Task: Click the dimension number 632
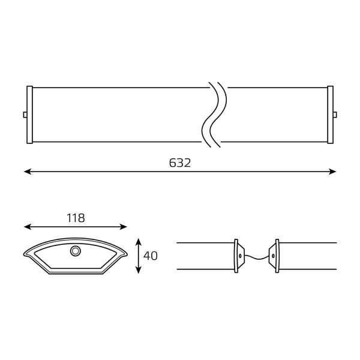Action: pyautogui.click(x=180, y=163)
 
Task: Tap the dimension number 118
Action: pyautogui.click(x=76, y=218)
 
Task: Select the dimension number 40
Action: pyautogui.click(x=151, y=256)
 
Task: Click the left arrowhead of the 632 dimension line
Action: pyautogui.click(x=28, y=172)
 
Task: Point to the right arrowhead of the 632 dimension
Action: pyautogui.click(x=332, y=172)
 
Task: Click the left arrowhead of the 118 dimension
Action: pyautogui.click(x=28, y=227)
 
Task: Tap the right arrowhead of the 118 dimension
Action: pyautogui.click(x=123, y=227)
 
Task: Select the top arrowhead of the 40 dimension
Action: pyautogui.click(x=138, y=242)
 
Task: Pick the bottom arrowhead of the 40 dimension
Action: pyautogui.click(x=138, y=270)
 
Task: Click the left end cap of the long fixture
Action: pyautogui.click(x=29, y=115)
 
